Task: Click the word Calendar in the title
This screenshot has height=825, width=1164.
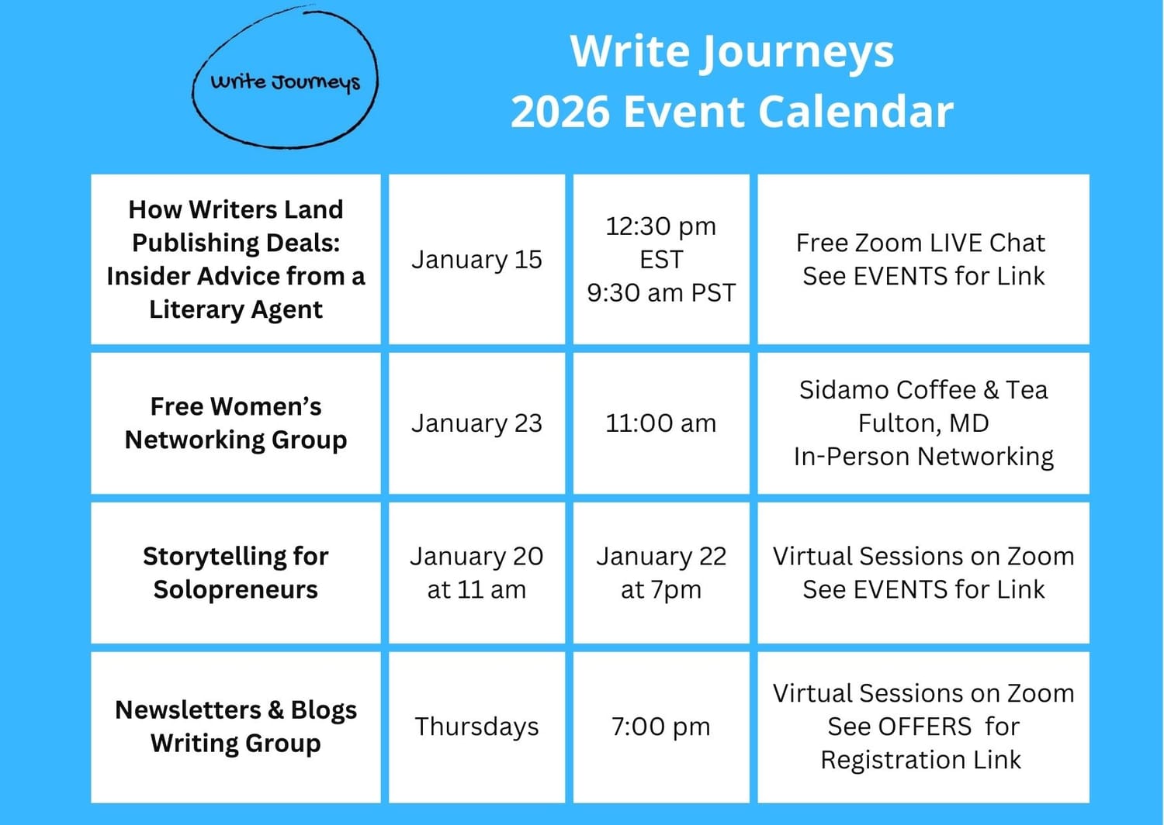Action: point(856,112)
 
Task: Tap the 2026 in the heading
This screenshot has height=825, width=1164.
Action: point(559,112)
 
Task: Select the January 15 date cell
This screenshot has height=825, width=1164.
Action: point(476,259)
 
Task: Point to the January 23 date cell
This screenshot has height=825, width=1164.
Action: point(476,423)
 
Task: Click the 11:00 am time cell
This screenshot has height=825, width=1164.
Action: point(661,423)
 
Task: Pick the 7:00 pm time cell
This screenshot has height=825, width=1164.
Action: point(661,727)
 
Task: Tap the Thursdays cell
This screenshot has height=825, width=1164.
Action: point(476,727)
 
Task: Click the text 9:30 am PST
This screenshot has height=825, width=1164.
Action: point(661,293)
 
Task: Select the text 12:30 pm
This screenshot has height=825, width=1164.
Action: point(661,227)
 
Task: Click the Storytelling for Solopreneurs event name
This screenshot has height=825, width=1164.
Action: point(235,573)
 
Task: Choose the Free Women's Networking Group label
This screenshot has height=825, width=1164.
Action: point(235,423)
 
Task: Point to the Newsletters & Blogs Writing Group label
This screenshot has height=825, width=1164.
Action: point(235,727)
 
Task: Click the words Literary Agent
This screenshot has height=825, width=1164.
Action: point(235,309)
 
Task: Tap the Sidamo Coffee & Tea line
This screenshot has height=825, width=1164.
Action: point(923,390)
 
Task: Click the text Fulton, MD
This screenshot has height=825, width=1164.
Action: point(923,423)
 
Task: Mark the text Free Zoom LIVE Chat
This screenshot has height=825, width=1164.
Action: point(921,243)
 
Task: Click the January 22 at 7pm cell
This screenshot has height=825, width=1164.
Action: point(661,573)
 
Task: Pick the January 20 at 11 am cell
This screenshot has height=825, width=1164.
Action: point(476,573)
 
